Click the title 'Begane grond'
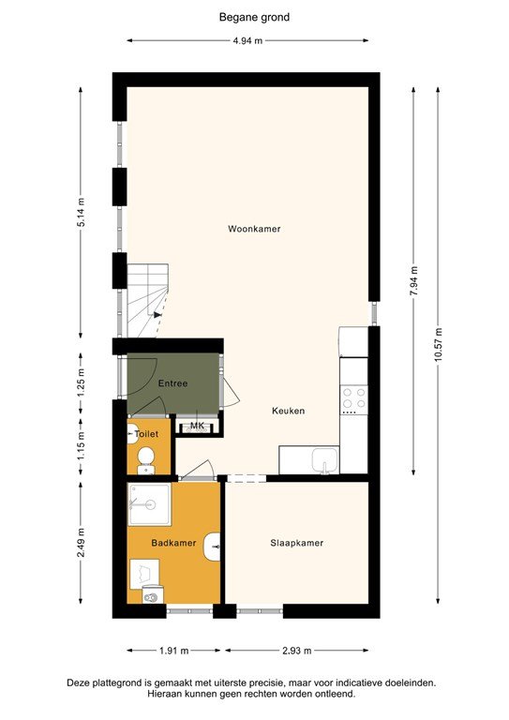(x=254, y=16)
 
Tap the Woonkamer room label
(x=254, y=229)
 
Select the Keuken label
(x=289, y=411)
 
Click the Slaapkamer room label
(x=296, y=543)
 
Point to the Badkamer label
(x=173, y=543)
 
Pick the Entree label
(x=172, y=383)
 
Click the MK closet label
(x=198, y=427)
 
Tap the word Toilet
(x=146, y=435)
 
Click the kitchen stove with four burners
(x=353, y=400)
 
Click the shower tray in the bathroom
(x=149, y=503)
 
